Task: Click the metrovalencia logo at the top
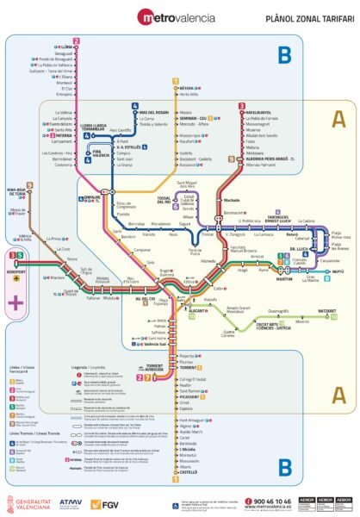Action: click(180, 16)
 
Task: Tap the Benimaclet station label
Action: click(234, 211)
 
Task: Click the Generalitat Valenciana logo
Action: click(29, 503)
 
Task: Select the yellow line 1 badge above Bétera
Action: click(173, 82)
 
